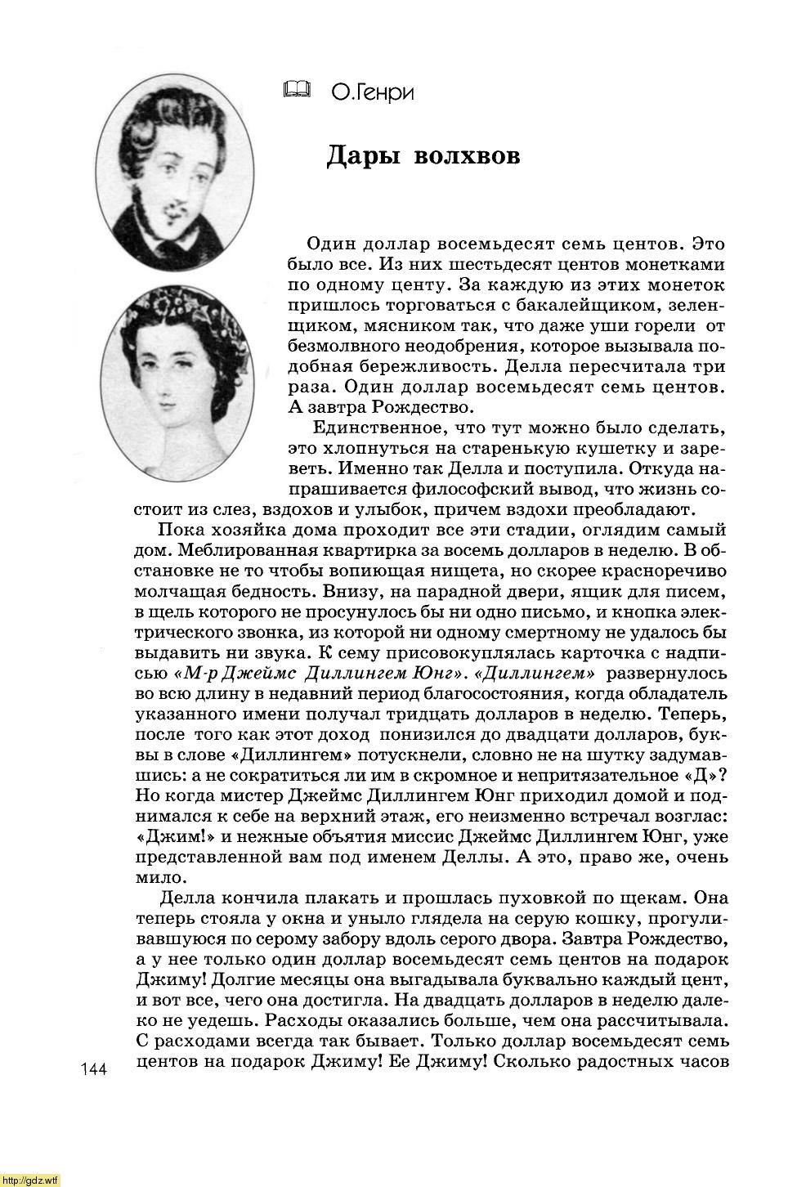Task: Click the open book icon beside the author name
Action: (298, 90)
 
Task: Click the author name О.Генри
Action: (373, 93)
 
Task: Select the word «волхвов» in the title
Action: (468, 155)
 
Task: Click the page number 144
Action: (95, 1069)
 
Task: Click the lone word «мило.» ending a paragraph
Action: (157, 878)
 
